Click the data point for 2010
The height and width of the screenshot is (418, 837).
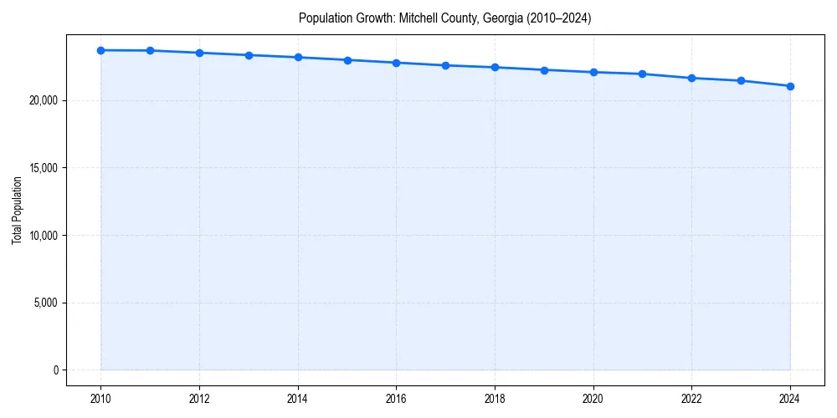(100, 50)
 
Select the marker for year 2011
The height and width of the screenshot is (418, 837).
(150, 50)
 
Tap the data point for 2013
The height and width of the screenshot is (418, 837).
(249, 55)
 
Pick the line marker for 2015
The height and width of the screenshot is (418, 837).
(347, 60)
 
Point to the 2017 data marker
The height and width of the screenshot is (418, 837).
(445, 65)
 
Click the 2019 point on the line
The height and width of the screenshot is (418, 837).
(544, 70)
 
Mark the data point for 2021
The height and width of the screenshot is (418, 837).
(642, 74)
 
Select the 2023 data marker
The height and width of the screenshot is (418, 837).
(741, 80)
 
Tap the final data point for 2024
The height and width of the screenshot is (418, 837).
(790, 86)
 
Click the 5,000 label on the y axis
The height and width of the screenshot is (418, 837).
(46, 303)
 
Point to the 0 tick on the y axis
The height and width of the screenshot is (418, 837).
(56, 370)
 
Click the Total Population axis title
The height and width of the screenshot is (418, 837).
(17, 210)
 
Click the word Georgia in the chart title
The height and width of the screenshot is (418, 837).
(502, 18)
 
